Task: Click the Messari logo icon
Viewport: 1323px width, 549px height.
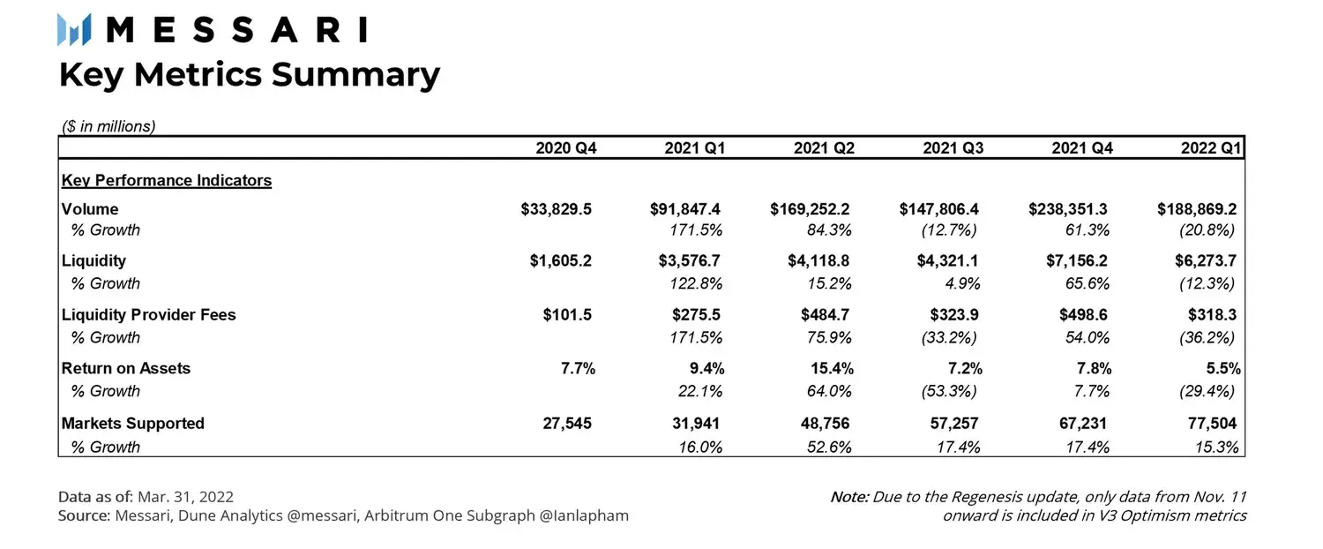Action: (75, 30)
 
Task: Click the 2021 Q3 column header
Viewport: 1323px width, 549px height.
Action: (953, 148)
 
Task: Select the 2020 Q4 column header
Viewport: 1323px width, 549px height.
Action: (565, 148)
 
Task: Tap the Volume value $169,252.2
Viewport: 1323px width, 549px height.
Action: (810, 210)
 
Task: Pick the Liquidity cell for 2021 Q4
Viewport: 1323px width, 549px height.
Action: (1069, 261)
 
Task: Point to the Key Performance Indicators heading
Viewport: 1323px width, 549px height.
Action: (167, 181)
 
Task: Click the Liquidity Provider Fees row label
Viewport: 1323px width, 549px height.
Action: (149, 315)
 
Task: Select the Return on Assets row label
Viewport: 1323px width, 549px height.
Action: (126, 369)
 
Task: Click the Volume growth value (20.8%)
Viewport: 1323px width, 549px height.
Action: (1207, 230)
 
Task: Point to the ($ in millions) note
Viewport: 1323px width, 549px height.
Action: (108, 126)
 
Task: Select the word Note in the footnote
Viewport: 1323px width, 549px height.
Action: (849, 496)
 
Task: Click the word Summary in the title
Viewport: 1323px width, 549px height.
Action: (355, 75)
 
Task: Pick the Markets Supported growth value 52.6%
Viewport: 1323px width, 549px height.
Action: (830, 447)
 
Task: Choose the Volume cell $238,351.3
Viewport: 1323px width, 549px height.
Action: (1068, 210)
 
